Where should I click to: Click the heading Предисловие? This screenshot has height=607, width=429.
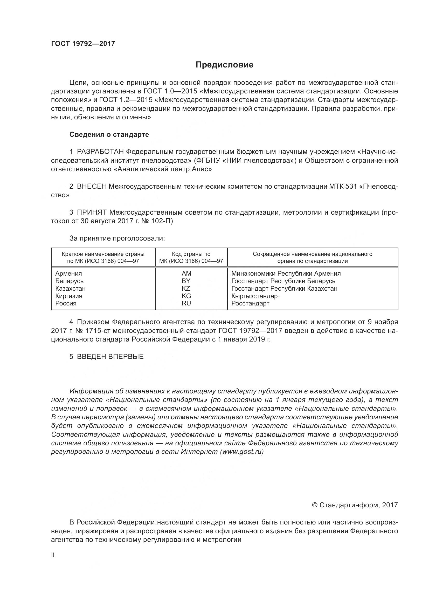224,65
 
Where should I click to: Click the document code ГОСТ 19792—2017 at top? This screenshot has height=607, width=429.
83,44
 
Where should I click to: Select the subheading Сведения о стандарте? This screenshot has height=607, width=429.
109,135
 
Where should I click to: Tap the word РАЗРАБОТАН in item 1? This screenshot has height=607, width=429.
100,152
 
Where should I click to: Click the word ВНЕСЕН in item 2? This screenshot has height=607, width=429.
92,187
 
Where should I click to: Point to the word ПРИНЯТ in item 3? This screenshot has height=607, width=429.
92,212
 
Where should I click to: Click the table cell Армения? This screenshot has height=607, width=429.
68,273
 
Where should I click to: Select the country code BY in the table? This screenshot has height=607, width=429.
186,281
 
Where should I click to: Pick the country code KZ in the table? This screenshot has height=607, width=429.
186,288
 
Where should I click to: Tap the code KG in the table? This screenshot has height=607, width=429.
186,296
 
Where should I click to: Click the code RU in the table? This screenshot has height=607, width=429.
186,303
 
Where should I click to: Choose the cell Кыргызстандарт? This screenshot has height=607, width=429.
256,296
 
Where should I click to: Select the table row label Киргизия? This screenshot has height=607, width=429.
69,296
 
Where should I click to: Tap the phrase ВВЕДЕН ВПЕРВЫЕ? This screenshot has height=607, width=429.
110,357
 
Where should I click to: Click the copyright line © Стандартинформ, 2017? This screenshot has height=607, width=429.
355,505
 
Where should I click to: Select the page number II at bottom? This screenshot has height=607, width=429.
53,555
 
